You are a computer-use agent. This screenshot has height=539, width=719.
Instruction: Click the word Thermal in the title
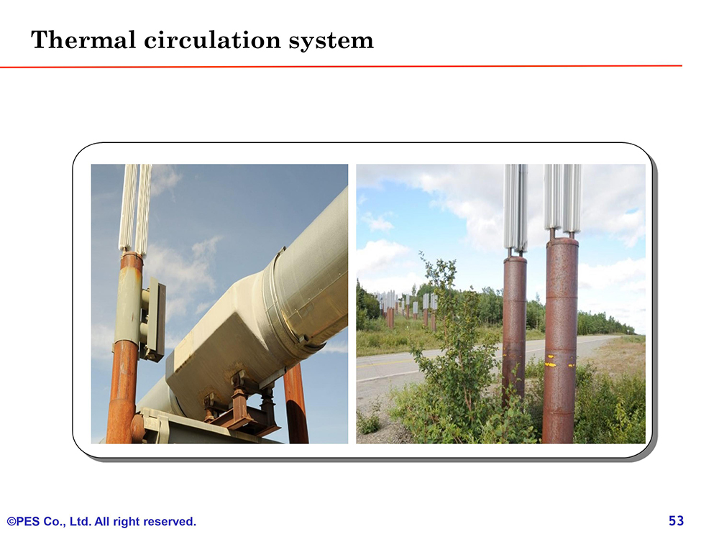[x=83, y=40]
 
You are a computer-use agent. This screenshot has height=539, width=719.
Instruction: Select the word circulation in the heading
[x=212, y=40]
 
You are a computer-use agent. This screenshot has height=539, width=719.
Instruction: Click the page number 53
[x=677, y=520]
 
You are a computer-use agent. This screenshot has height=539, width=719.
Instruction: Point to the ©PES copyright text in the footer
[x=24, y=522]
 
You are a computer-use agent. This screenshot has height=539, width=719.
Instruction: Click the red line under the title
[x=341, y=66]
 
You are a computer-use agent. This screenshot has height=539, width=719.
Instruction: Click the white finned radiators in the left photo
[x=135, y=208]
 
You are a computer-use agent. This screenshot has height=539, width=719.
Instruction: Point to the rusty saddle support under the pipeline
[x=242, y=406]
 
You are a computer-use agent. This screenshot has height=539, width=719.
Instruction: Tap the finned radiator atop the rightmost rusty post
[x=563, y=198]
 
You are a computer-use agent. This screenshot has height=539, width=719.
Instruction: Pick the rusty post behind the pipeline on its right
[x=296, y=402]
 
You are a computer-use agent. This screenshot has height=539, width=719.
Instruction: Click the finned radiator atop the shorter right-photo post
[x=516, y=207]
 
